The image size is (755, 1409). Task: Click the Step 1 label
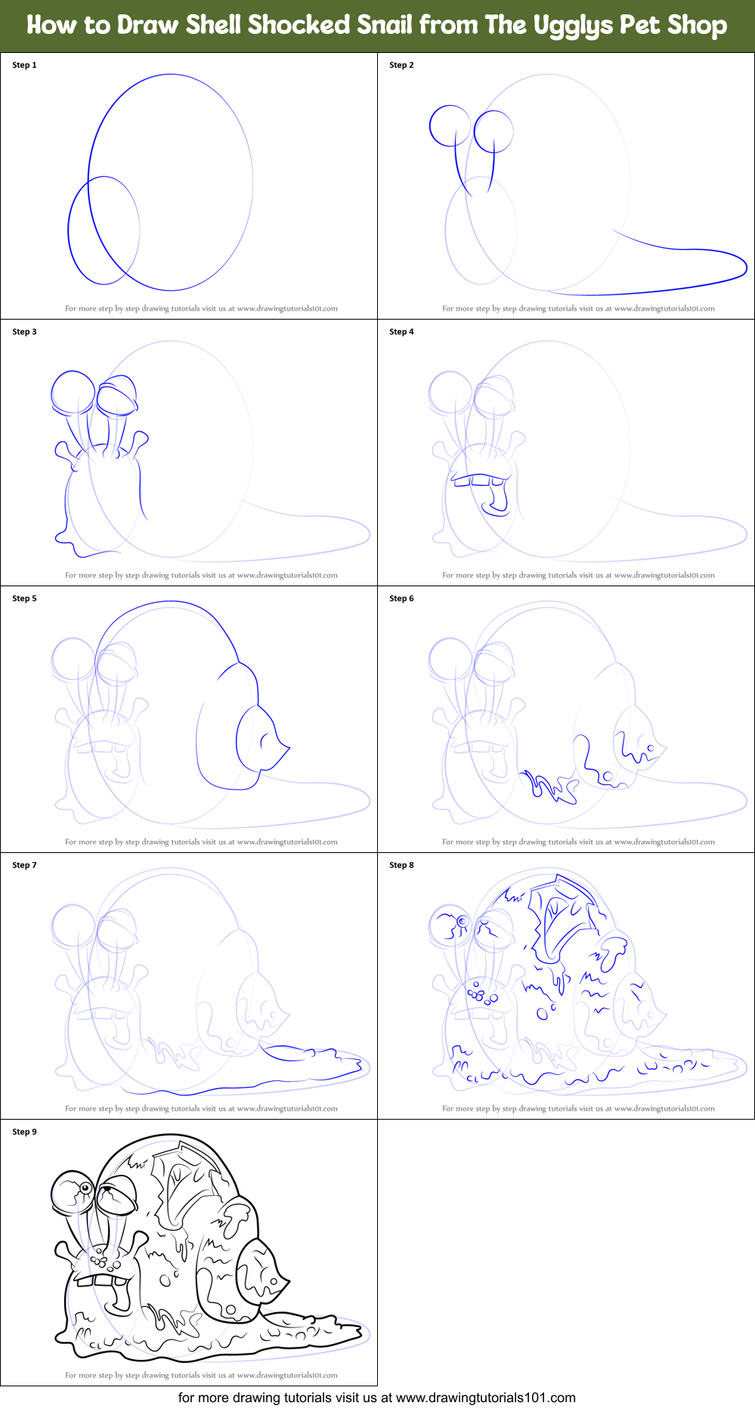(24, 65)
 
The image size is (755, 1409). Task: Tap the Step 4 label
(401, 332)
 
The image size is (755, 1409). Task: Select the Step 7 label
(24, 865)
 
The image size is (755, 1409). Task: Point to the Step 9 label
(24, 1132)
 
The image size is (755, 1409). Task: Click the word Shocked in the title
(298, 25)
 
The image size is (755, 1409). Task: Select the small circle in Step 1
(104, 230)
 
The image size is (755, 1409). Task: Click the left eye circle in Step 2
(450, 125)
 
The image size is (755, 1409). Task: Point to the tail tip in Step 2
(744, 266)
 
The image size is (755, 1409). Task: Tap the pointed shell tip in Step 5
(288, 748)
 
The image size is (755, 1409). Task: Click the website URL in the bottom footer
(485, 1398)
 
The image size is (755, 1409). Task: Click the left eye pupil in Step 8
(461, 921)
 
